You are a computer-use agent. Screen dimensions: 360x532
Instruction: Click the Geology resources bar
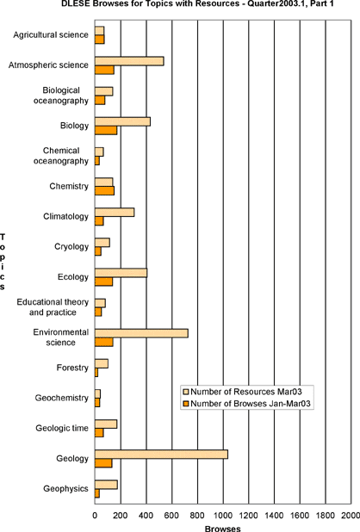pyautogui.click(x=161, y=455)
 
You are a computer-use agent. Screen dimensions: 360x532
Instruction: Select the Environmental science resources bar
pyautogui.click(x=141, y=333)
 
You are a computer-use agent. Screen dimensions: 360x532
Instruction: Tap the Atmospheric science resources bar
pyautogui.click(x=129, y=61)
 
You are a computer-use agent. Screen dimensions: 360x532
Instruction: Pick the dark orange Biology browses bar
pyautogui.click(x=106, y=130)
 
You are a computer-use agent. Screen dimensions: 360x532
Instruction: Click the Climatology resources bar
pyautogui.click(x=115, y=212)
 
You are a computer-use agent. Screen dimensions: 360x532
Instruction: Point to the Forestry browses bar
pyautogui.click(x=96, y=372)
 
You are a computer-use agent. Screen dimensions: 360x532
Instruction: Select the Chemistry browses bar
pyautogui.click(x=104, y=191)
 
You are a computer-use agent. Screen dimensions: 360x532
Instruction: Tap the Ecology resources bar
pyautogui.click(x=121, y=273)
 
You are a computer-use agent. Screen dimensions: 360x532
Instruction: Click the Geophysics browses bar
pyautogui.click(x=97, y=493)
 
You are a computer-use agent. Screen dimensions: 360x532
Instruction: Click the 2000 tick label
pyautogui.click(x=351, y=516)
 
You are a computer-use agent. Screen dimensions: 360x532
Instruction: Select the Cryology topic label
pyautogui.click(x=71, y=247)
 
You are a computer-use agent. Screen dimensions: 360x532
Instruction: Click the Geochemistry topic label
pyautogui.click(x=61, y=398)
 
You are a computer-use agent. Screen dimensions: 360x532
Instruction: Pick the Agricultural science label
pyautogui.click(x=51, y=34)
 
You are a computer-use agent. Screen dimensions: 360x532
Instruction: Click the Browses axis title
pyautogui.click(x=223, y=529)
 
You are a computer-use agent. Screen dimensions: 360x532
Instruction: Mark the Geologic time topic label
pyautogui.click(x=62, y=428)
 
